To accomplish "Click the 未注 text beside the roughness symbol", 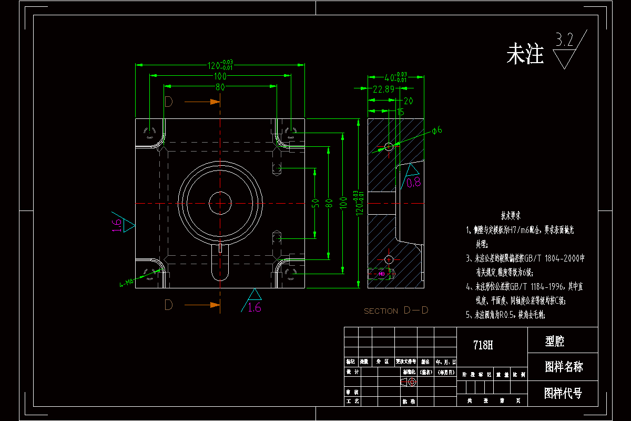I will (525, 54).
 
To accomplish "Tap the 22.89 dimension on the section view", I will (383, 89).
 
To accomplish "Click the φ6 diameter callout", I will (436, 130).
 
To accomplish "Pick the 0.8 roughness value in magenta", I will (414, 183).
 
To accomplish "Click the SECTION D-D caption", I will (396, 310).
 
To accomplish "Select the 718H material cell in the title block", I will (483, 345).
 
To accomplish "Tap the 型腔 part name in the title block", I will (555, 342).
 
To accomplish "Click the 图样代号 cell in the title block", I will (563, 393).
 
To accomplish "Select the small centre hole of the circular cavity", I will (220, 203).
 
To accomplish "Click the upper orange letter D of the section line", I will (168, 102).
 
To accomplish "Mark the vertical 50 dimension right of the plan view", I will (315, 203).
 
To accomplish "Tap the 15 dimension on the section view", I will (400, 112).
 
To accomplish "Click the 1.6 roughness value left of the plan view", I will (117, 225).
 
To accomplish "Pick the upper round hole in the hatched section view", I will (389, 146).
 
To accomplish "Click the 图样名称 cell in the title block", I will (563, 367).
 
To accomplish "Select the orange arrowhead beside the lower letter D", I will (214, 305).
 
